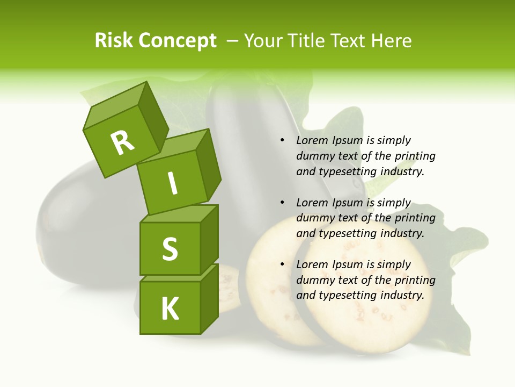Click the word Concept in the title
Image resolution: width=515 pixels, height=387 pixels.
[x=177, y=41]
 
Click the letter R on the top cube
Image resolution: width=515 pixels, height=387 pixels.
[x=123, y=142]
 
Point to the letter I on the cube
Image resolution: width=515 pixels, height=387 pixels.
[x=172, y=183]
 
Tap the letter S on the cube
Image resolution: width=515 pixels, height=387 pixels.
[x=170, y=249]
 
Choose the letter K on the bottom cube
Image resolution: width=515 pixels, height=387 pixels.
[x=170, y=309]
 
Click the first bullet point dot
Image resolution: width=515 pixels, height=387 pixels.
[x=282, y=141]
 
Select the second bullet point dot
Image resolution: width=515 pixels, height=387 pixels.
[x=282, y=203]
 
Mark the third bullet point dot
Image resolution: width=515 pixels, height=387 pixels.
[x=282, y=265]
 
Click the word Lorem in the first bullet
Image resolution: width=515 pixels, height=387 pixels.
[x=311, y=141]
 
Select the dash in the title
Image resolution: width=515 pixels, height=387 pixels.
[x=233, y=41]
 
